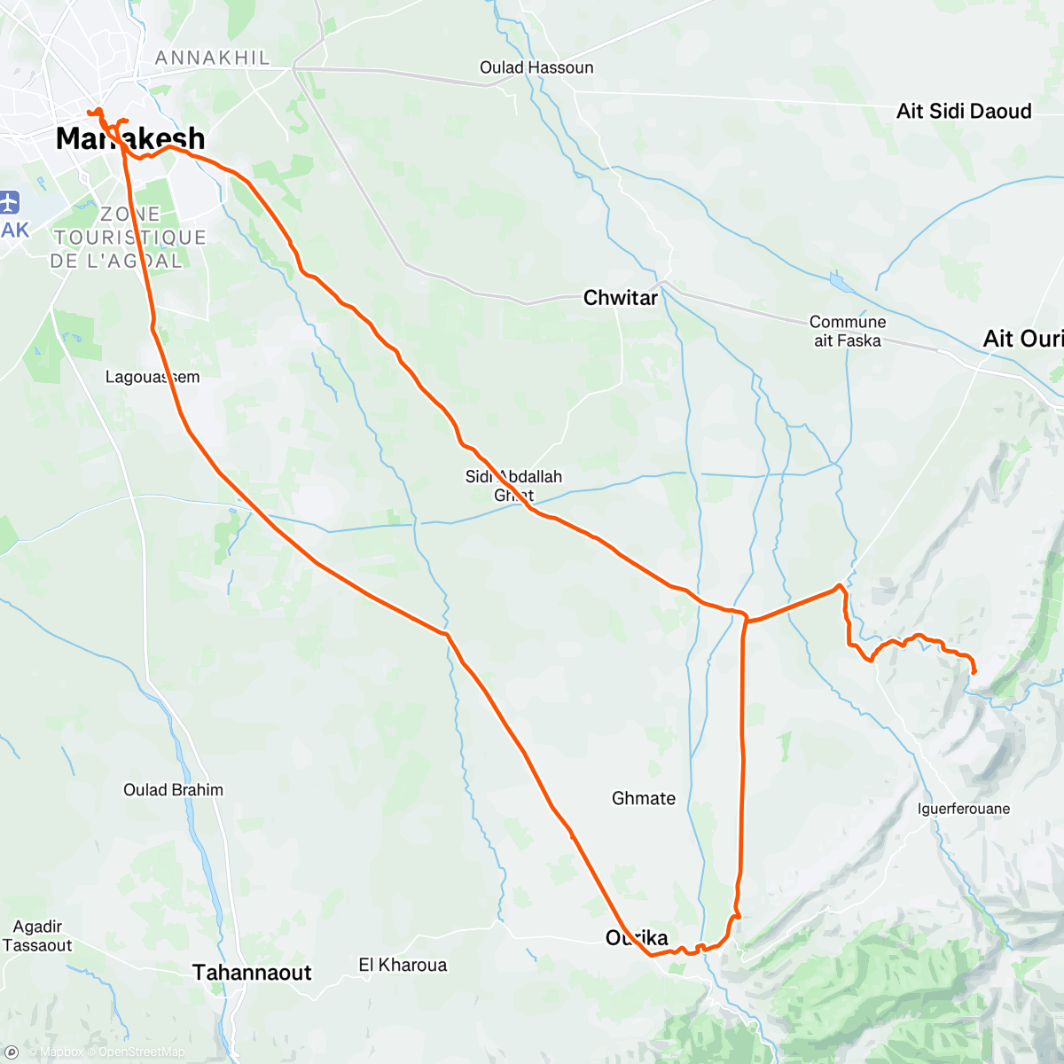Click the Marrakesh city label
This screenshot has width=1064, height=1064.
pyautogui.click(x=130, y=138)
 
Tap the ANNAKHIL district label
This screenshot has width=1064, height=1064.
pyautogui.click(x=212, y=58)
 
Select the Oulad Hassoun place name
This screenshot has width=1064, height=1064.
pyautogui.click(x=536, y=67)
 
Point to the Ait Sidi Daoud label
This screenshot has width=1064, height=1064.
pyautogui.click(x=964, y=111)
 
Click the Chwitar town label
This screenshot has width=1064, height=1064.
pyautogui.click(x=621, y=298)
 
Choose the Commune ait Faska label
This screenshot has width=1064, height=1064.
pyautogui.click(x=847, y=332)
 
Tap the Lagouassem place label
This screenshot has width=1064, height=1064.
pyautogui.click(x=153, y=377)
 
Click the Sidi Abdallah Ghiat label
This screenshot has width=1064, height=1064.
pyautogui.click(x=513, y=485)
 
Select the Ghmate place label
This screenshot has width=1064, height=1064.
pyautogui.click(x=644, y=798)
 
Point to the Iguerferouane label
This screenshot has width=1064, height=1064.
pyautogui.click(x=964, y=809)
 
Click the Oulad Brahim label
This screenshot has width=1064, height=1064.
pyautogui.click(x=173, y=790)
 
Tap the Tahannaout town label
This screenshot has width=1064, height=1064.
pyautogui.click(x=252, y=973)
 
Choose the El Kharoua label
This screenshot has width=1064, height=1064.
pyautogui.click(x=403, y=965)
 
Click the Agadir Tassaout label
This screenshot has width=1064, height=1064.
pyautogui.click(x=37, y=936)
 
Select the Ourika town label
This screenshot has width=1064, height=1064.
pyautogui.click(x=637, y=937)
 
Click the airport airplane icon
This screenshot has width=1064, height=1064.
pyautogui.click(x=10, y=202)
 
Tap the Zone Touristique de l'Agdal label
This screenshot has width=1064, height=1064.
pyautogui.click(x=129, y=238)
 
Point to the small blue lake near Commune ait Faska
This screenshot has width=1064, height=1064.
pyautogui.click(x=838, y=282)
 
